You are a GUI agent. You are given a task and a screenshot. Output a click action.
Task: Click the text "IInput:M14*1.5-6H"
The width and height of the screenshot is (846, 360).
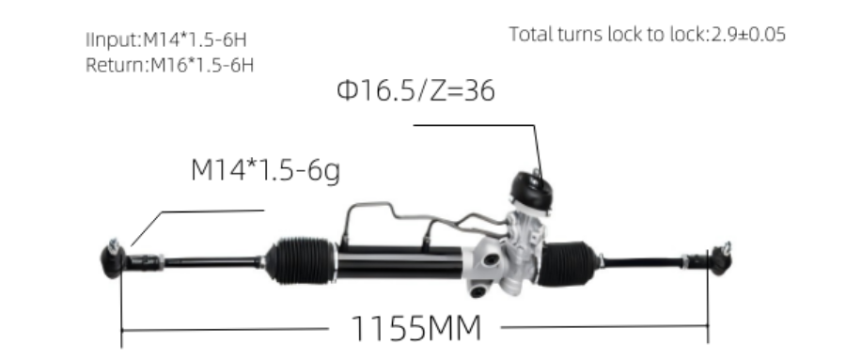166,39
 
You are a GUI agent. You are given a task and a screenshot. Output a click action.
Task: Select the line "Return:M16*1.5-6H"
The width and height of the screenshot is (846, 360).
169,65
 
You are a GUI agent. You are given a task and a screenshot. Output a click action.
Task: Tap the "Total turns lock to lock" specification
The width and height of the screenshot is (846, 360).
648,34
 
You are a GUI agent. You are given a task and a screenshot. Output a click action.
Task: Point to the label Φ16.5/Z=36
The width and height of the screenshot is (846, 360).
415,90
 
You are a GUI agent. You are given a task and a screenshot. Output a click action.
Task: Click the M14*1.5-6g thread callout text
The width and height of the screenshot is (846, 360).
265,170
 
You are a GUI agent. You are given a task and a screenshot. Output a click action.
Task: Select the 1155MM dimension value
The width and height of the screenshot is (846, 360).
415,328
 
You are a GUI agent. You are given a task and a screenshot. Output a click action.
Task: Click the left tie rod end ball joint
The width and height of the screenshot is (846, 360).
112,259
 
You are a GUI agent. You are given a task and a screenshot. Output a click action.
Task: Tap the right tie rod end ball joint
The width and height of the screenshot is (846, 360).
720,258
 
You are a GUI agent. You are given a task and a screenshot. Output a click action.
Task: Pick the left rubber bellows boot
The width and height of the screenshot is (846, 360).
301,260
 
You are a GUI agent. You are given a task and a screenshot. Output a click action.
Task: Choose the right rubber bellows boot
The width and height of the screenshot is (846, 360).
568,263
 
